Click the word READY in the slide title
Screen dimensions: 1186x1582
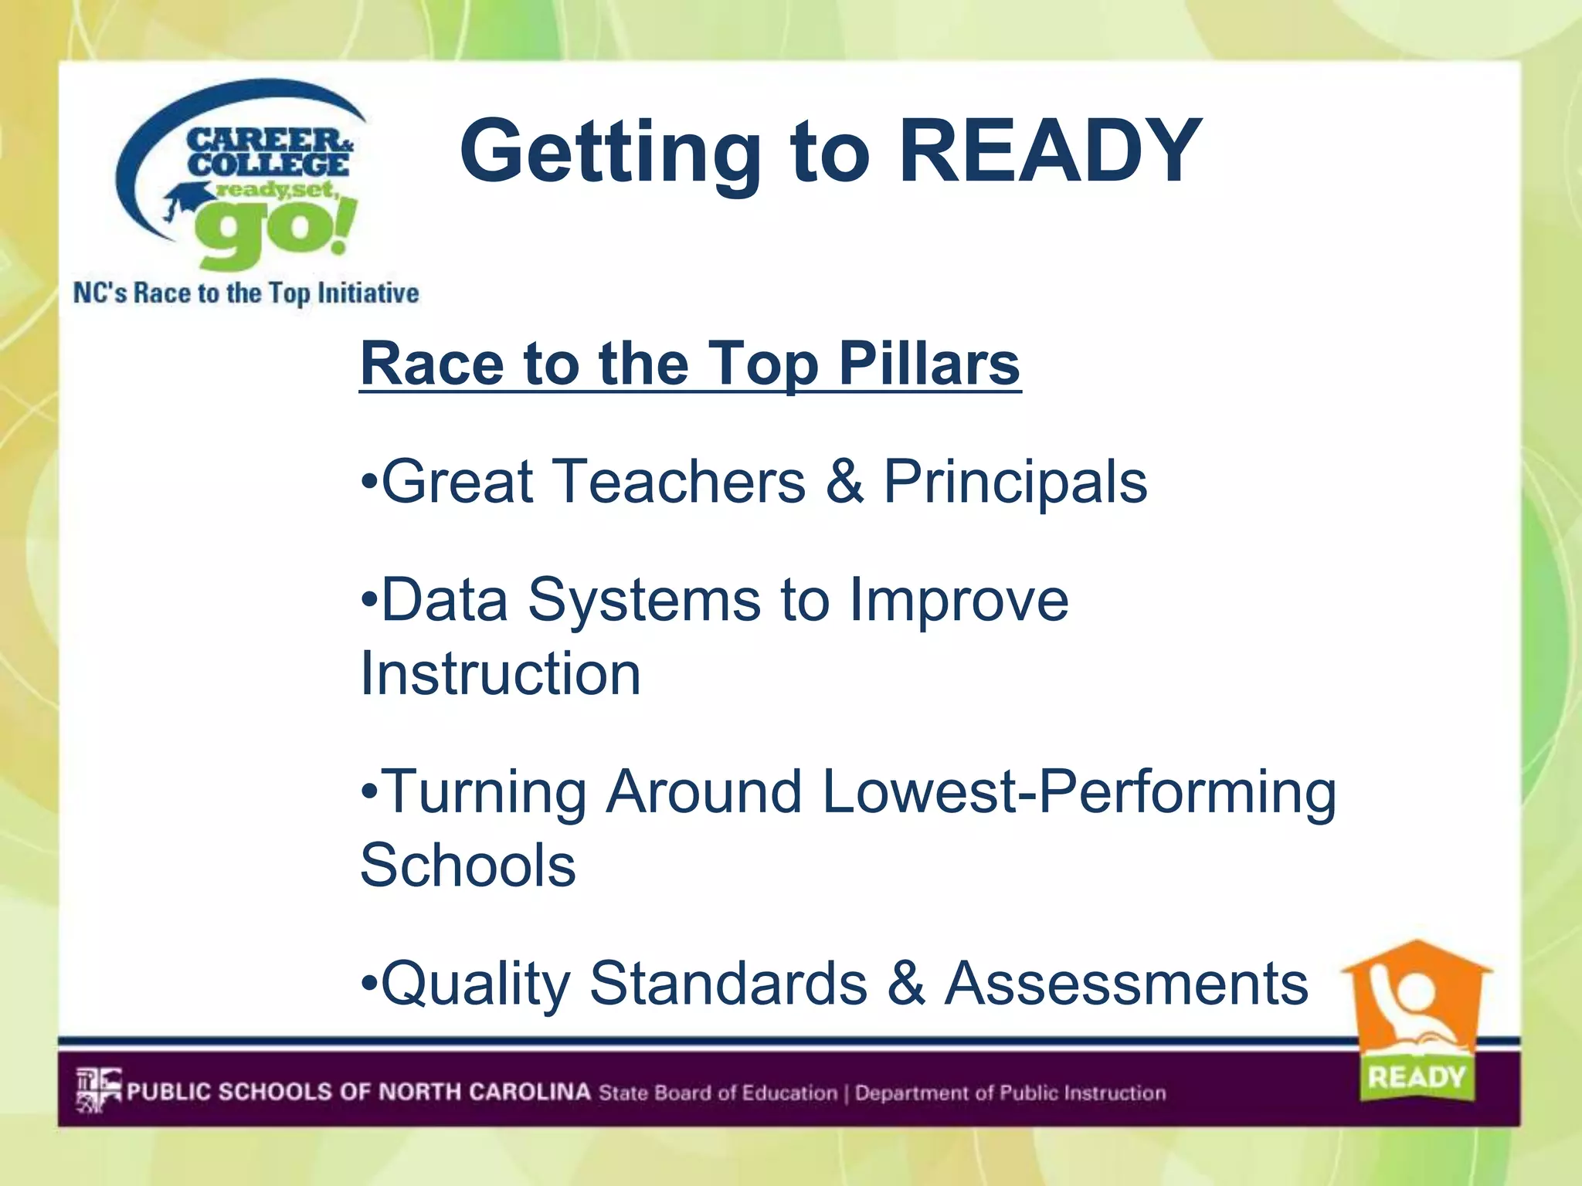point(1051,151)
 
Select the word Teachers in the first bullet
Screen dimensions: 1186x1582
point(680,482)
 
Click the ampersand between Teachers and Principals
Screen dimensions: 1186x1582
point(844,482)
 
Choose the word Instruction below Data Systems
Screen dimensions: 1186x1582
point(501,673)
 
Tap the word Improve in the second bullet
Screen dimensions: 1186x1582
point(959,601)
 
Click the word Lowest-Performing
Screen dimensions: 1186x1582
point(1079,794)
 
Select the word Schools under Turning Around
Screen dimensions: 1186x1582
point(468,865)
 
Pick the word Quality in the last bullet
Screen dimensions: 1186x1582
point(476,985)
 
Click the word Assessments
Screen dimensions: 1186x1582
point(1127,984)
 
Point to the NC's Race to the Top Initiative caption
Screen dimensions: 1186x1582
point(246,293)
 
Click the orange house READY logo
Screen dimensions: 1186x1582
point(1417,1004)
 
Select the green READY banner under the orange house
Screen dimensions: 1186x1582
point(1417,1076)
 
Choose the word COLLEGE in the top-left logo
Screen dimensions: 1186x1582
point(268,164)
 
